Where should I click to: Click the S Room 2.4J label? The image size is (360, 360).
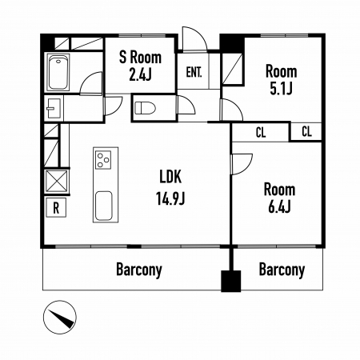(140, 66)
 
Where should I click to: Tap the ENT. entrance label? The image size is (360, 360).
(194, 72)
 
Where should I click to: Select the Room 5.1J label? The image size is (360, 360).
(282, 80)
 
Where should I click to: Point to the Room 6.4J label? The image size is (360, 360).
(280, 198)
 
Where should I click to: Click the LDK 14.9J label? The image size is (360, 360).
(170, 187)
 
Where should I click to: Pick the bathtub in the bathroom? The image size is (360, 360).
(58, 72)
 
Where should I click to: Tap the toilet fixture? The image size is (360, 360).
(145, 108)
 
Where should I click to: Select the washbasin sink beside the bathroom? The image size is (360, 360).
(54, 108)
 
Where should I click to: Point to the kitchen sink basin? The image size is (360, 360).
(104, 206)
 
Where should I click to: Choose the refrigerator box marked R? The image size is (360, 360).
(56, 207)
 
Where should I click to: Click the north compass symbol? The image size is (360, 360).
(60, 318)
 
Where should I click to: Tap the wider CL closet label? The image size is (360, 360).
(261, 133)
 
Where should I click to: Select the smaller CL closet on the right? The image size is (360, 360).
(306, 131)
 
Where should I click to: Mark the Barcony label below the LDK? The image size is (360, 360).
(139, 270)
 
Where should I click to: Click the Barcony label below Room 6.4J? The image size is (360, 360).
(282, 270)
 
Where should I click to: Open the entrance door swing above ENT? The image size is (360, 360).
(194, 38)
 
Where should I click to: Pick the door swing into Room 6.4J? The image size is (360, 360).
(242, 164)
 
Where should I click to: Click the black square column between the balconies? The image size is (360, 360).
(231, 281)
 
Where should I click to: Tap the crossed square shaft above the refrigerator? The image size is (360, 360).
(57, 182)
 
